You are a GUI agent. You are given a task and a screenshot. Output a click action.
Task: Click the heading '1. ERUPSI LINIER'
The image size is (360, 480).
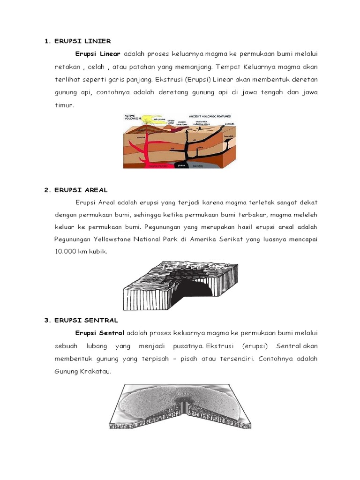[x=77, y=41]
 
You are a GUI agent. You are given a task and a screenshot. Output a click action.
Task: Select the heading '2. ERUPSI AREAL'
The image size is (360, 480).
[x=76, y=190]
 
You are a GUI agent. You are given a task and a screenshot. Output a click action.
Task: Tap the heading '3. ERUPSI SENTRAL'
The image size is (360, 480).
[x=81, y=320]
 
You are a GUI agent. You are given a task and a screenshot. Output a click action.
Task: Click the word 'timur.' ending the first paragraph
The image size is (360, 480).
[x=65, y=105]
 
